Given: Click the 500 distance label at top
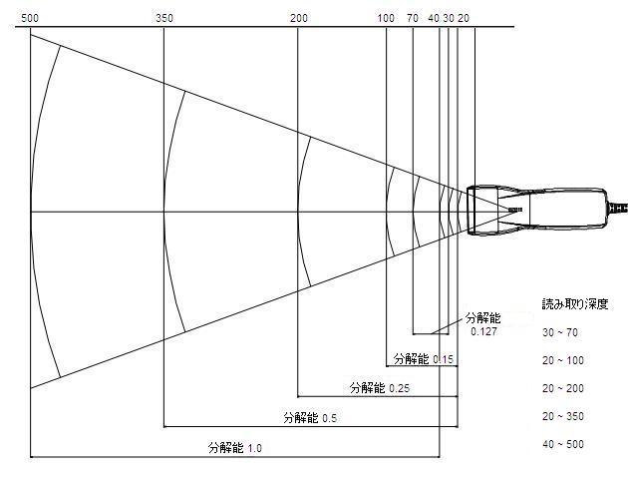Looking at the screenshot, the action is [30, 18].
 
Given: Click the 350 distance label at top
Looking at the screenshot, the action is [164, 18].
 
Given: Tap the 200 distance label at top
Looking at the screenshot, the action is [299, 18].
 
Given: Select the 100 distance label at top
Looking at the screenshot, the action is [386, 18].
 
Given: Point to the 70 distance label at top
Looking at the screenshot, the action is [413, 18].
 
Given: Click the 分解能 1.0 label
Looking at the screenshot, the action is [235, 447].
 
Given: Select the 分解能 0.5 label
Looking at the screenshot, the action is [310, 418].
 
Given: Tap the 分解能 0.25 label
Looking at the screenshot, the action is [380, 387].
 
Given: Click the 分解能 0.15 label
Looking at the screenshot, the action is [424, 358].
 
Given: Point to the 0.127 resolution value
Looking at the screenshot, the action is [483, 331].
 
